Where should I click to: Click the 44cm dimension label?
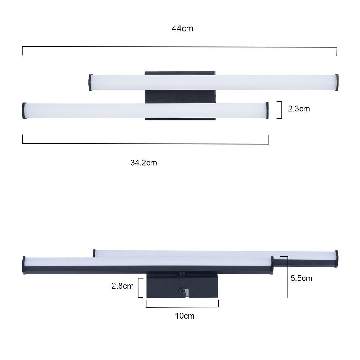(x=182, y=28)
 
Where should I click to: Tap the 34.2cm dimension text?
(x=144, y=163)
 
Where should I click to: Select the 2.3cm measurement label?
(x=299, y=109)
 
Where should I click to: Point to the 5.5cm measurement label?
(x=301, y=278)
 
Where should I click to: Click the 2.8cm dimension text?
(x=123, y=286)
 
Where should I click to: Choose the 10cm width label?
(x=185, y=316)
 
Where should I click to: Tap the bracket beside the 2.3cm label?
(x=280, y=110)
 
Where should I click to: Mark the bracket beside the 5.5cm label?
(x=286, y=277)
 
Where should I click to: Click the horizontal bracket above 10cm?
(x=182, y=306)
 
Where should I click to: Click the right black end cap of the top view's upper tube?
(x=337, y=82)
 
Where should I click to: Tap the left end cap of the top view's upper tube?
(x=90, y=82)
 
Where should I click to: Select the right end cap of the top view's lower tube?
(x=267, y=111)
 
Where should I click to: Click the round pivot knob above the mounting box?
(x=181, y=274)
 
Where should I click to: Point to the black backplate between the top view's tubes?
(x=180, y=96)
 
